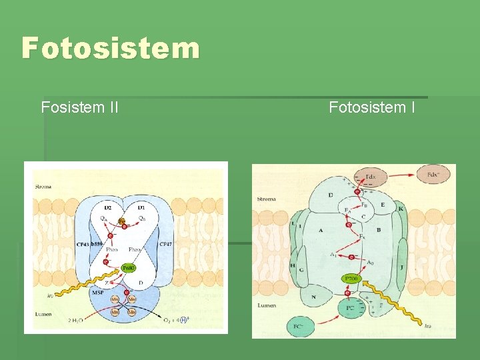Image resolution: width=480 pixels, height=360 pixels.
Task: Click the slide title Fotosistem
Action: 111,49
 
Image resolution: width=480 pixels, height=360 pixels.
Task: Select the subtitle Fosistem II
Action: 80,107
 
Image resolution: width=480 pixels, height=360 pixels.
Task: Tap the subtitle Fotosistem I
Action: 372,107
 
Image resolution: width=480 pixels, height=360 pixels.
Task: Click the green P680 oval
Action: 129,267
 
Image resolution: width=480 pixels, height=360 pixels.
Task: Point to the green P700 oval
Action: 351,277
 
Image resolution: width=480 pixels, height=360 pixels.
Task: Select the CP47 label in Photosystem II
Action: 166,245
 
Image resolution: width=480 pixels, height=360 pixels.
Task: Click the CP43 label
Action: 82,245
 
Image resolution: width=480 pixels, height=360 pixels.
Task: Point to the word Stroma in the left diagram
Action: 45,186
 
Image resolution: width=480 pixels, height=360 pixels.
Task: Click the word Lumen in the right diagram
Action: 267,305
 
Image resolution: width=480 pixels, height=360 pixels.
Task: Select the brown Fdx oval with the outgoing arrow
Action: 433,175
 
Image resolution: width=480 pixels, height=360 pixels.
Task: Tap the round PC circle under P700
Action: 351,309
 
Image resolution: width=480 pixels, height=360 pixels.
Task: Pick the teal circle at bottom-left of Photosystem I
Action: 299,327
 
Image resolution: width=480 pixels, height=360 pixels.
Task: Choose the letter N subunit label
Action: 313,297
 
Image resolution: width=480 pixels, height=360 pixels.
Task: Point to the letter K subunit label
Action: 401,209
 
